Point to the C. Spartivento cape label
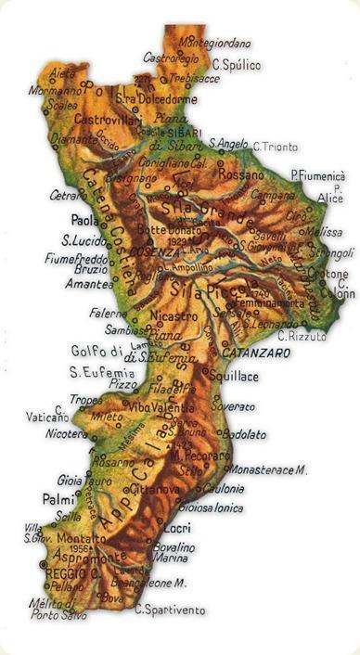coord(170,610)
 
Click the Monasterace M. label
coord(269,471)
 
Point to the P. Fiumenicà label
coord(317,174)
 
